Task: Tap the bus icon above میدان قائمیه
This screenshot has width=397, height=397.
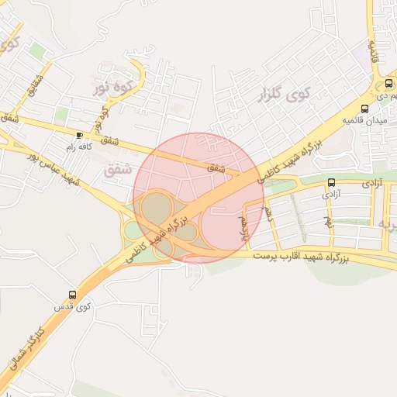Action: [365, 108]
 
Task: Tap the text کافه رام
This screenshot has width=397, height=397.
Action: [78, 147]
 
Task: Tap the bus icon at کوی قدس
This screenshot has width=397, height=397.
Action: [72, 295]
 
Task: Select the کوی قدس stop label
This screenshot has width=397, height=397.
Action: [72, 307]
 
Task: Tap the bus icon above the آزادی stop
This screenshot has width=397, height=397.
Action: [332, 182]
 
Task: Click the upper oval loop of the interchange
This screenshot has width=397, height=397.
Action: [157, 207]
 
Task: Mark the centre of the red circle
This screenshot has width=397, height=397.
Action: [198, 198]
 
